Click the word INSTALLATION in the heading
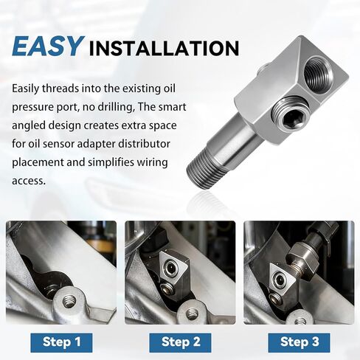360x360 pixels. coord(163,49)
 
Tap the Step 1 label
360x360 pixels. coord(62,342)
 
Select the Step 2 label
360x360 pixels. coord(180,342)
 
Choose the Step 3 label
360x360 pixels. coord(298,342)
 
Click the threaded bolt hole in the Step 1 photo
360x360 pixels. coord(68,301)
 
